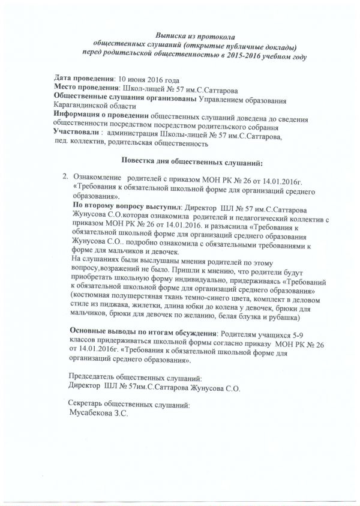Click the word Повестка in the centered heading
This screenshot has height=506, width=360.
point(144,161)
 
